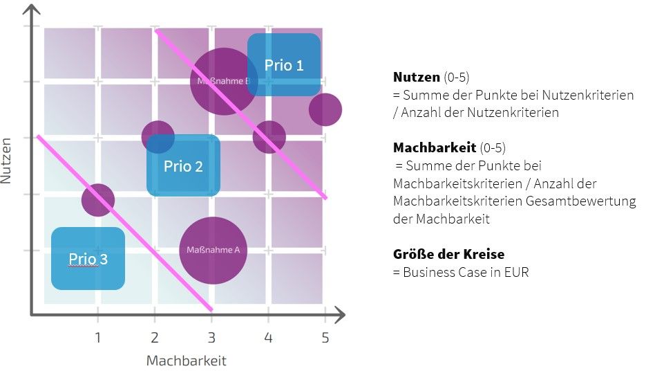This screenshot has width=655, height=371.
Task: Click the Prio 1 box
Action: [x=284, y=65]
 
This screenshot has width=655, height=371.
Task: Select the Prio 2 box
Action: [x=183, y=166]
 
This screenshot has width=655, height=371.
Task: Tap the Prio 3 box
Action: [x=88, y=259]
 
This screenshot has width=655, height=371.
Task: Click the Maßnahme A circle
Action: [x=213, y=250]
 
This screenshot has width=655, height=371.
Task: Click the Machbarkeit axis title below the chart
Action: [x=186, y=361]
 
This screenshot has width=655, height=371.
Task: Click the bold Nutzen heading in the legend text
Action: [x=416, y=77]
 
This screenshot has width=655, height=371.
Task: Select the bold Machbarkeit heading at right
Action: [x=434, y=147]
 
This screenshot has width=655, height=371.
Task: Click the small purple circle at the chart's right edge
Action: [x=325, y=109]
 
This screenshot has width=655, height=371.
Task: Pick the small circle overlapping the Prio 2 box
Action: [x=158, y=137]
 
